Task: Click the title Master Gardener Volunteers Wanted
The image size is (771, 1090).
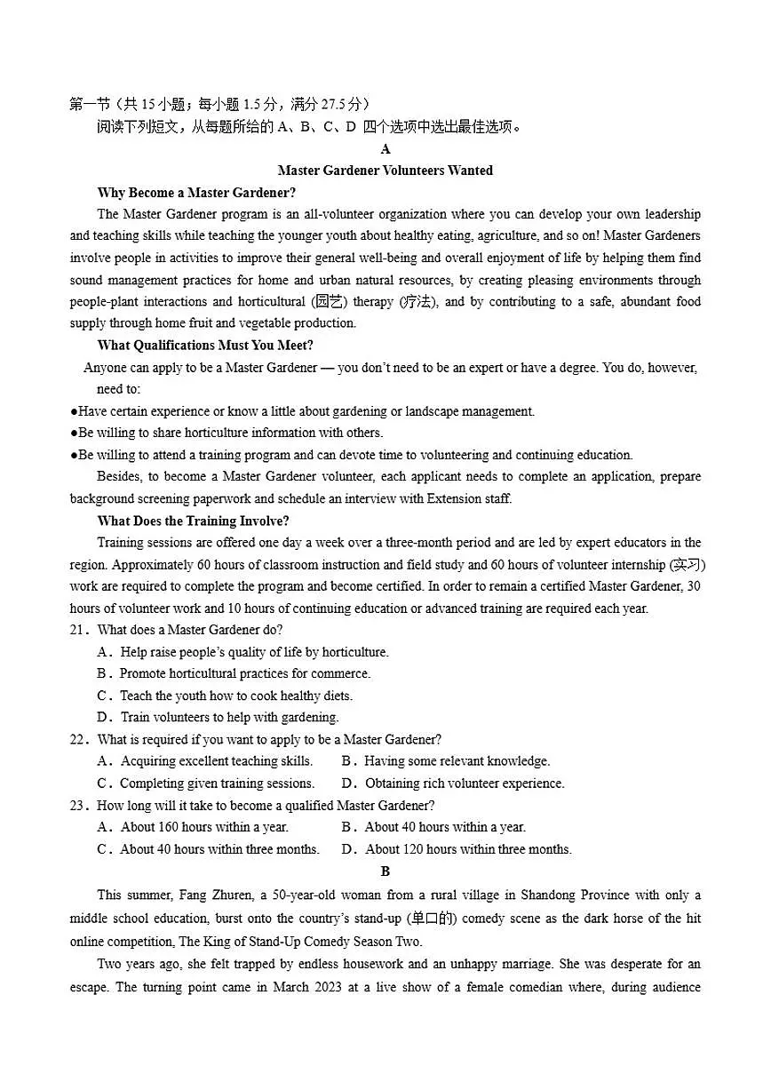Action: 385,171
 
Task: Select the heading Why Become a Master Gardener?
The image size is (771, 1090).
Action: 196,193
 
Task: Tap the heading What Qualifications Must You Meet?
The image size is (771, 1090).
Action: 205,346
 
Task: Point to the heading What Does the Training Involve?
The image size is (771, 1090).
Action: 193,521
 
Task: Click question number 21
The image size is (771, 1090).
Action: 80,630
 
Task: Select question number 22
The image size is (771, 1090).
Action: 80,739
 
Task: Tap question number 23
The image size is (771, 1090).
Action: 80,806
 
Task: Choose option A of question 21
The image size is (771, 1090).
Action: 242,652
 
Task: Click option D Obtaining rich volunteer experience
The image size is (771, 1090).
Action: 453,784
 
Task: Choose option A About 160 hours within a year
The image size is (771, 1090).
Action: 193,827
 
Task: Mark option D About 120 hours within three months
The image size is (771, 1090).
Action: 457,849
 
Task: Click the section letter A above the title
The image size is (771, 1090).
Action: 385,149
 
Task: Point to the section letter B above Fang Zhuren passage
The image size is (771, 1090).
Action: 385,871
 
